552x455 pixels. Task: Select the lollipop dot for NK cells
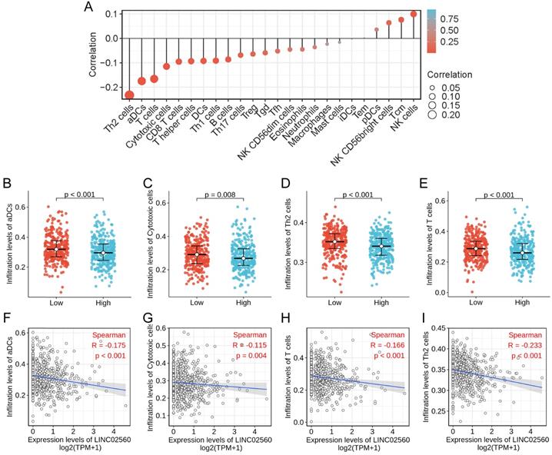pos(414,14)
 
